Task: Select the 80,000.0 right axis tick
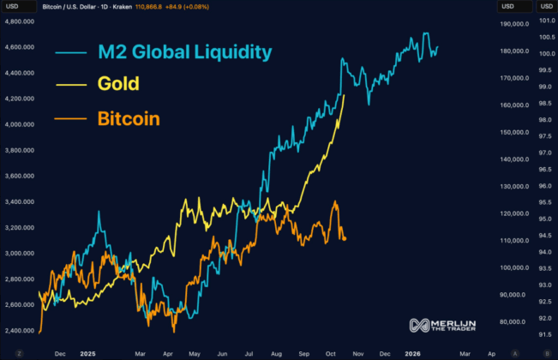click(x=501, y=322)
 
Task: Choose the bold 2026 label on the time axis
click(x=412, y=351)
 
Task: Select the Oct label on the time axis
click(x=332, y=351)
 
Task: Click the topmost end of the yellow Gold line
click(x=345, y=93)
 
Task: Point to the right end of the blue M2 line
click(x=438, y=47)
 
